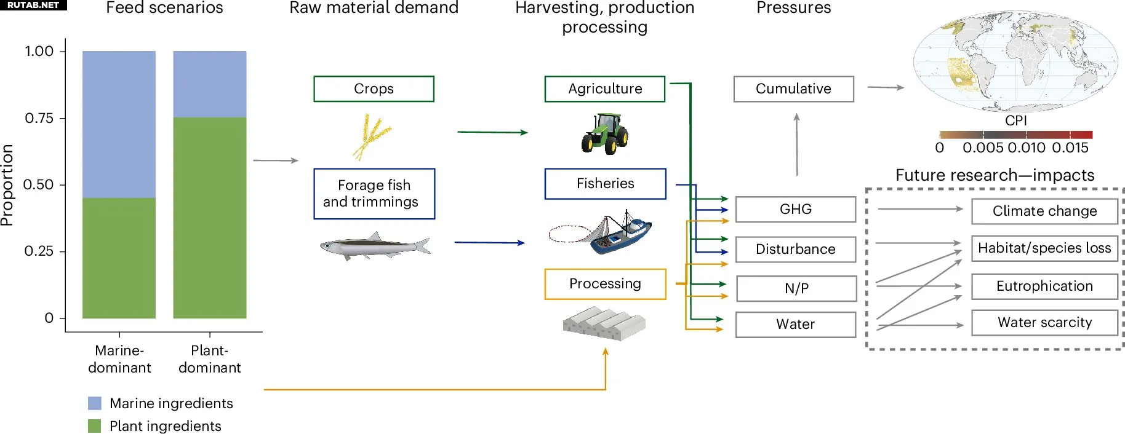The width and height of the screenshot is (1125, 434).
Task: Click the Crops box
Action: [x=374, y=89]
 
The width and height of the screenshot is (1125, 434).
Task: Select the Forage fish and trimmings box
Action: [x=374, y=194]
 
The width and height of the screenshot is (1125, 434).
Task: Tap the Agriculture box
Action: [x=604, y=89]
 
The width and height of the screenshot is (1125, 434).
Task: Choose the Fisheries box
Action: [x=605, y=183]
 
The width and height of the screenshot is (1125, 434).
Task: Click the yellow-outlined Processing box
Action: [x=605, y=283]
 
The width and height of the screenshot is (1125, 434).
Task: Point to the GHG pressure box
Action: [x=795, y=209]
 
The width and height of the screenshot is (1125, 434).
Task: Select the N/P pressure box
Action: [x=796, y=288]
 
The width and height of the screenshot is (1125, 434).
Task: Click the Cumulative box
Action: [x=793, y=89]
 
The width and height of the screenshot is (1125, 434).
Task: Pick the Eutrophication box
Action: [x=1044, y=286]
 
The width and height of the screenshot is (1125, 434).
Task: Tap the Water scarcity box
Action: [x=1044, y=322]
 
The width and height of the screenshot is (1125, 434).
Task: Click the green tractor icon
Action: [x=604, y=133]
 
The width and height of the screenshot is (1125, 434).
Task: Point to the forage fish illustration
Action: [x=375, y=246]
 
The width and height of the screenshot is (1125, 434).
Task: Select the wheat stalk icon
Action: [x=372, y=136]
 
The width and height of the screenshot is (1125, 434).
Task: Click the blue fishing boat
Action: [x=620, y=234]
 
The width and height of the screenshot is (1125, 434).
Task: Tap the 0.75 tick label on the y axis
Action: [x=39, y=118]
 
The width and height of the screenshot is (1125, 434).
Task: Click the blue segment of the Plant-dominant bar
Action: [x=210, y=84]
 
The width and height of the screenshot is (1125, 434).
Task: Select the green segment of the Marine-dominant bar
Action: [x=119, y=258]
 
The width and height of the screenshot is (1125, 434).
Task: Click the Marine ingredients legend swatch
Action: [x=95, y=403]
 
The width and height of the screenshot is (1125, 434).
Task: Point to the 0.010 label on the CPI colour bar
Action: [x=1026, y=148]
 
